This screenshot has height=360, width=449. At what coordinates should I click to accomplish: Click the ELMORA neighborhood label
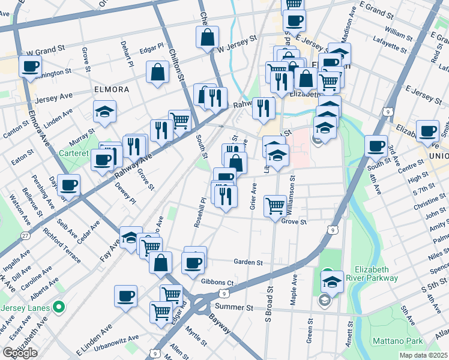coord(112,89)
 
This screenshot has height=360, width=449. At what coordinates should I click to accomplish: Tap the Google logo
coord(19,353)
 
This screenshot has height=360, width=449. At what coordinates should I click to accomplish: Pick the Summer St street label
coord(234,307)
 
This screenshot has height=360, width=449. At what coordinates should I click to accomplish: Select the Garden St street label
coord(249,262)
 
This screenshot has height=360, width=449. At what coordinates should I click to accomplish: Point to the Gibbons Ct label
coord(217,282)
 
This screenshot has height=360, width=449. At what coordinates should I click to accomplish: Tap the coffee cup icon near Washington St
coord(30,67)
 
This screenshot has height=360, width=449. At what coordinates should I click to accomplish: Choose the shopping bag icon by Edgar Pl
coord(157,73)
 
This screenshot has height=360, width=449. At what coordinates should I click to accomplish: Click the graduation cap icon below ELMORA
coord(104,112)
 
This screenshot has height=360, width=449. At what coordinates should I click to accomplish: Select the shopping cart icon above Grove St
coord(275,206)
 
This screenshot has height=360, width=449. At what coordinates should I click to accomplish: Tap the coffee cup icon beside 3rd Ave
coord(376,146)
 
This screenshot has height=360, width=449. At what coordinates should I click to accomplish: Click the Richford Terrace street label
coord(62,245)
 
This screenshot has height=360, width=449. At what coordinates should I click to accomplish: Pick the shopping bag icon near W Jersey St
coord(207,37)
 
